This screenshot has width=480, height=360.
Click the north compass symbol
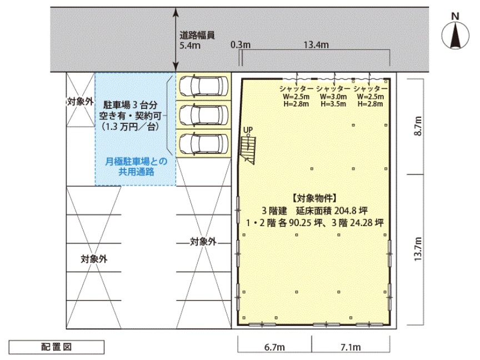click(455, 35)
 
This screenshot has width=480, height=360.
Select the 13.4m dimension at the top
click(316, 44)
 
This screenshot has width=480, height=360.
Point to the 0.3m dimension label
click(241, 44)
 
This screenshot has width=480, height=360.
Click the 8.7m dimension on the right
click(418, 126)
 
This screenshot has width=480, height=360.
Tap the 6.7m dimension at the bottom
click(274, 347)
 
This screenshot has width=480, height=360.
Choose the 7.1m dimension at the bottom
click(351, 347)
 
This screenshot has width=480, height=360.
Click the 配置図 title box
click(56, 347)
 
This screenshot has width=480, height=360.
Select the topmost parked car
click(203, 86)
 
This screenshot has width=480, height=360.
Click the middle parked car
click(203, 115)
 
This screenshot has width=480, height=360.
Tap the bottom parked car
click(203, 143)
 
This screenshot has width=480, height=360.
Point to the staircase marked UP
click(248, 149)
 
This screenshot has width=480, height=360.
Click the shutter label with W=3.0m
click(333, 96)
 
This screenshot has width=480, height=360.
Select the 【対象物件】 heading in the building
click(314, 198)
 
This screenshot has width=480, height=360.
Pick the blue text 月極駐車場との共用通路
click(136, 167)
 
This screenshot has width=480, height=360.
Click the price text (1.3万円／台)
click(131, 126)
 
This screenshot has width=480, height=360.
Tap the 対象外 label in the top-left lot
click(80, 102)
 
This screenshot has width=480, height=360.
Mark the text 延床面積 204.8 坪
click(332, 211)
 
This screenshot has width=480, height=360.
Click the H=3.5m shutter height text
click(333, 104)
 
